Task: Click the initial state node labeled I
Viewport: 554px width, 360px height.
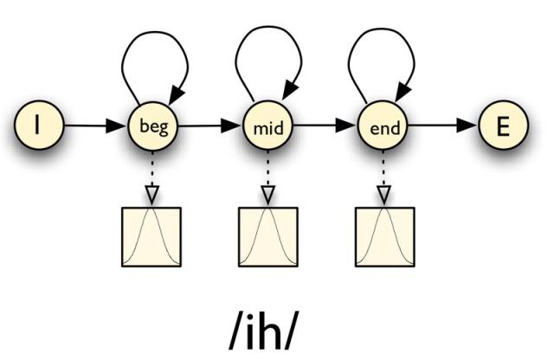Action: click(x=39, y=125)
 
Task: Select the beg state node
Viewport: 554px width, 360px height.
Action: click(x=153, y=125)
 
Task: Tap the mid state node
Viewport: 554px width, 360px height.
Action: click(x=267, y=125)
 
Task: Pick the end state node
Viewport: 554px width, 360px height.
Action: click(x=383, y=125)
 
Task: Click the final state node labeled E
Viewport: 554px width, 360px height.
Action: click(x=503, y=125)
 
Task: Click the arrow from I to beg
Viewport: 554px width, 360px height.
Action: click(x=96, y=125)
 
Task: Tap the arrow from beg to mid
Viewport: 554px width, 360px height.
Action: click(x=210, y=125)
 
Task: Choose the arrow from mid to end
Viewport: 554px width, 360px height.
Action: click(x=325, y=125)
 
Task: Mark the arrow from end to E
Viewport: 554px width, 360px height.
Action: click(x=443, y=125)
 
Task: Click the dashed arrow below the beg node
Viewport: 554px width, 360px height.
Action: click(x=152, y=177)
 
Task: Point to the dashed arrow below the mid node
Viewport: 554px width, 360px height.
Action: click(x=267, y=177)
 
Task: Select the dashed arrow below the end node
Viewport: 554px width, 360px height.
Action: click(x=383, y=177)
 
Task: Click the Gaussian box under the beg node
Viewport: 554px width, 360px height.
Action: click(x=151, y=237)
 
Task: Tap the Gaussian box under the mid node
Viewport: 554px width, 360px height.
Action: click(x=268, y=237)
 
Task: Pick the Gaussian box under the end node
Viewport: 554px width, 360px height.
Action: click(x=384, y=237)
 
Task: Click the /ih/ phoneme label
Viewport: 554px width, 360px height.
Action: click(x=261, y=331)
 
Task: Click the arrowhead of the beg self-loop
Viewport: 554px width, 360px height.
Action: click(x=177, y=94)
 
